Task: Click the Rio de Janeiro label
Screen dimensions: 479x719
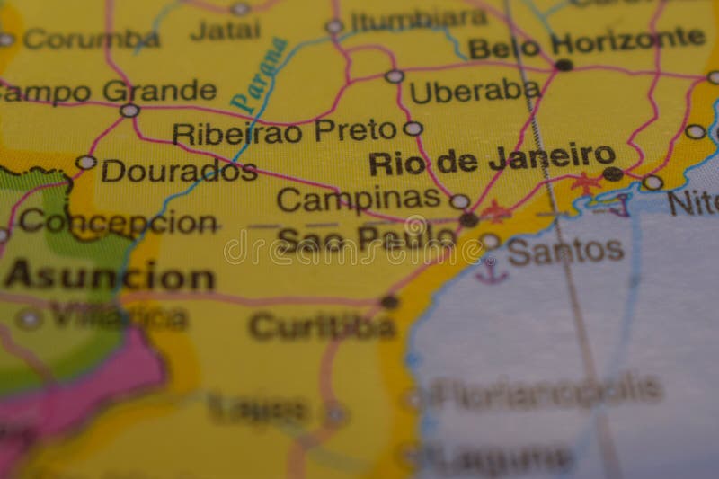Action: tap(492, 160)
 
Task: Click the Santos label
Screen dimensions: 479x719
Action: tap(565, 251)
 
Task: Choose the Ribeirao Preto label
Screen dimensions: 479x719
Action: tap(284, 132)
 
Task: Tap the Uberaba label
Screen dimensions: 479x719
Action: tap(474, 91)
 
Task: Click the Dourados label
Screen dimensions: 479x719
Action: tap(179, 170)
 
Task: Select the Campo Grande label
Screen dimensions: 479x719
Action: tap(108, 92)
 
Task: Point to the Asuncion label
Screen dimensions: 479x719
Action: tap(109, 276)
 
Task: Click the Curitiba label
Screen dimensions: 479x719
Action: tap(322, 326)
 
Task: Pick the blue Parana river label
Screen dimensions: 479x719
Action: tap(258, 74)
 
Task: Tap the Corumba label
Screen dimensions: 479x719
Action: tap(91, 40)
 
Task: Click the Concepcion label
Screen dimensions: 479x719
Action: tap(118, 221)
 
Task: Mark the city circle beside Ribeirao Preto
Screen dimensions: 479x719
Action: tap(413, 129)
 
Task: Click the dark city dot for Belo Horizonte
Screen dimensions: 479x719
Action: tap(564, 65)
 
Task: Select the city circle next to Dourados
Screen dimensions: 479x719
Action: tap(85, 163)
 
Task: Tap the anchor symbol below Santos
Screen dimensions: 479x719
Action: tap(491, 271)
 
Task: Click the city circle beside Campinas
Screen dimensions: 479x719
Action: tap(459, 201)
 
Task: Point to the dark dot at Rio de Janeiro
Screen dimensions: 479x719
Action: tap(612, 173)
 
